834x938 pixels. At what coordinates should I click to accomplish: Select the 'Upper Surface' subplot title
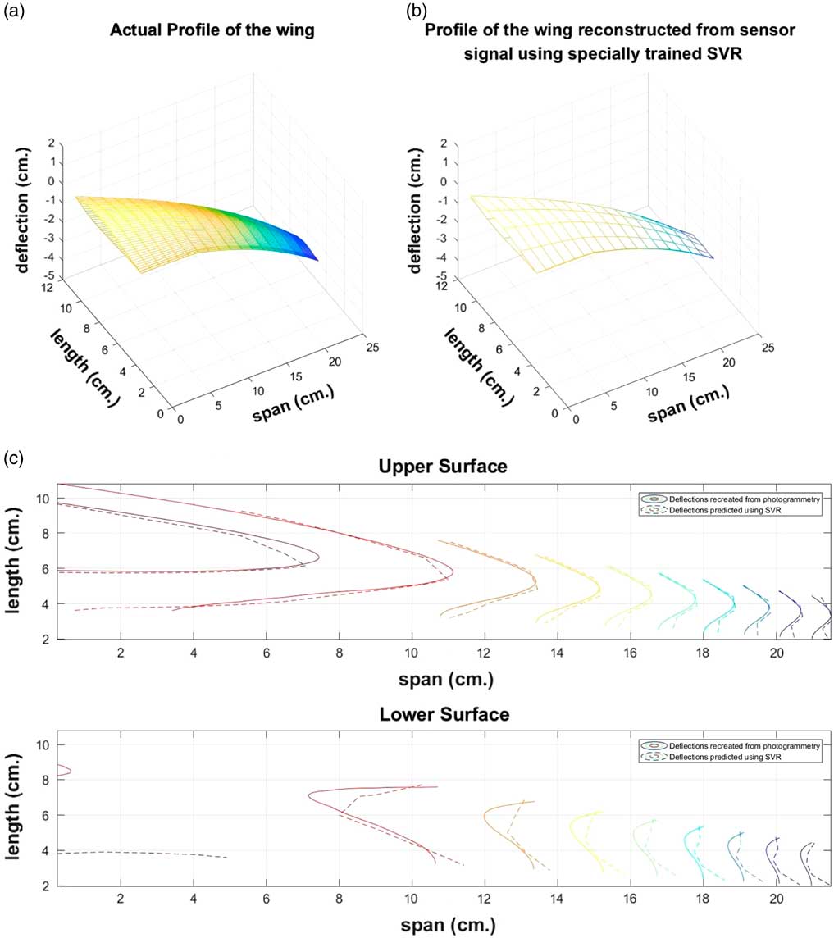coord(444,467)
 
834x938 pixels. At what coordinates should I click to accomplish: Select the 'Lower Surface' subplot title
coord(444,714)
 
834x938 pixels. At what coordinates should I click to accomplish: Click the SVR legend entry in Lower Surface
coord(721,756)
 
